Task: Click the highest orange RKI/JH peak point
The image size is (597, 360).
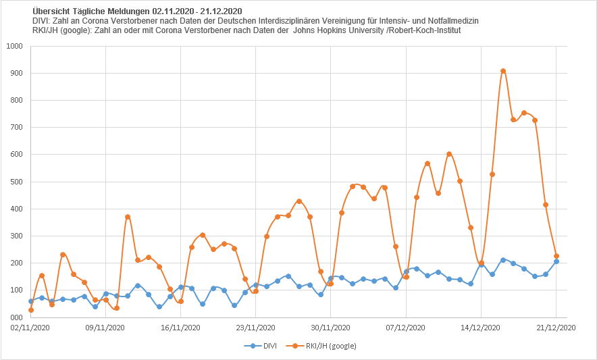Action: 503,71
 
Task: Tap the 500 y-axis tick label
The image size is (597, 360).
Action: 16,182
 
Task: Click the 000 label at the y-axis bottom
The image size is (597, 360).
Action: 16,317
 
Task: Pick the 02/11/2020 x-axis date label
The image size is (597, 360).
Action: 30,328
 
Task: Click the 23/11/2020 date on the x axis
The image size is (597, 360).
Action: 256,328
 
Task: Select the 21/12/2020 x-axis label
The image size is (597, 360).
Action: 556,328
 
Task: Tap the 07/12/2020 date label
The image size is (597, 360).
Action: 406,328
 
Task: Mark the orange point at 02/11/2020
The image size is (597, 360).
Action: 30,310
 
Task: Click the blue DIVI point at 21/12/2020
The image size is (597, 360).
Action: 556,261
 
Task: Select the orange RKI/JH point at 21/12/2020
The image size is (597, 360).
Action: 556,256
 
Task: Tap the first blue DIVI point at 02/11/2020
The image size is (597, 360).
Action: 30,301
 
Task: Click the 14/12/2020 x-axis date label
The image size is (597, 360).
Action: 482,328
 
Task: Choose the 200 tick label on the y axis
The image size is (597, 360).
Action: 16,263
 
